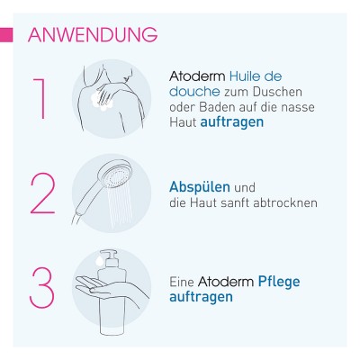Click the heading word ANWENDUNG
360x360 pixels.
point(93,35)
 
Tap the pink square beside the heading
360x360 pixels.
point(6,35)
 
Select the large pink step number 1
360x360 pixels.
point(40,99)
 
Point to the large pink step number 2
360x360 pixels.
point(42,193)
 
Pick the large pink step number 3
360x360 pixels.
point(42,287)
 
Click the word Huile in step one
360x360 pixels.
point(243,76)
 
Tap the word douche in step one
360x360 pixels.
point(194,92)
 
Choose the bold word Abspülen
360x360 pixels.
point(200,187)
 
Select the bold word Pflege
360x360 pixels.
point(279,282)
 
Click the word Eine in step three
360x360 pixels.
point(182,282)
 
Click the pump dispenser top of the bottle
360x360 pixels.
point(109,258)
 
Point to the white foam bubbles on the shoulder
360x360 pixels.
point(103,102)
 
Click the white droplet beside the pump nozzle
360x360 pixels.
point(98,260)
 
